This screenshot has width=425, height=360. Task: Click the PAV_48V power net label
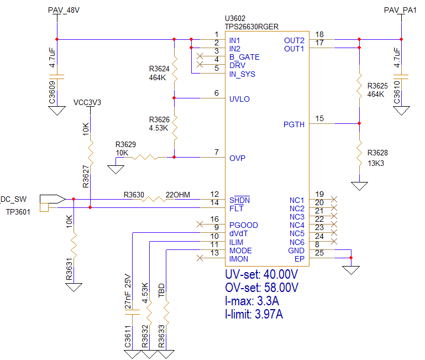coord(64,11)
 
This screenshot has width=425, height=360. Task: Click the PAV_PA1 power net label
coord(400,11)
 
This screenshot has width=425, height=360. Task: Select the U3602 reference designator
coord(235,18)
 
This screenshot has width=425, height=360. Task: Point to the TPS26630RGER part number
coord(251,27)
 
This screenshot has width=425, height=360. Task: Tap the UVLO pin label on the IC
coord(239,99)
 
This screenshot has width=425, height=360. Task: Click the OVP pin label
coord(237,158)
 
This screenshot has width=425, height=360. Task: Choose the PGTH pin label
coord(294,124)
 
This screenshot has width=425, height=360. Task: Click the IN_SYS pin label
coord(242,74)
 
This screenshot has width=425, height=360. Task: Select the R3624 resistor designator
coord(159,69)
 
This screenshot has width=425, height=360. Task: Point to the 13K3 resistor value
coord(376,163)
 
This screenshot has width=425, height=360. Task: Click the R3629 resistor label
coord(125,144)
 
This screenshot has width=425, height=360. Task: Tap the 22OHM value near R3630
coord(178,195)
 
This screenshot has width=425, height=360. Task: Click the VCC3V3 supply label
coord(87,102)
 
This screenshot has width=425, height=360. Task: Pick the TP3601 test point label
coord(18,212)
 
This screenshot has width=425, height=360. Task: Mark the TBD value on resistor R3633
coord(161,290)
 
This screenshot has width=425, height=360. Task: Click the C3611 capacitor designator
coord(128,337)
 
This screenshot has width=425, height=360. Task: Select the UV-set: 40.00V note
coord(261,274)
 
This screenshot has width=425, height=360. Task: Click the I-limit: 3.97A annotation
coord(254,314)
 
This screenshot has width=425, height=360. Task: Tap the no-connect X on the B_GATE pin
coord(200,56)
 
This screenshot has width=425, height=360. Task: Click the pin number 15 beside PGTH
coord(319,118)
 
